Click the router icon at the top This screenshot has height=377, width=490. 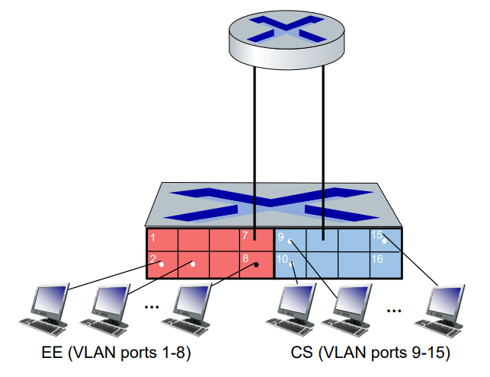coord(287,40)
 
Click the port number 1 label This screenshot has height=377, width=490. coord(153,238)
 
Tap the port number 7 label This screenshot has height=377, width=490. coord(245,235)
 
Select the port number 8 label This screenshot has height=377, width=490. coord(245,258)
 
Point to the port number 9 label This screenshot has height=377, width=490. coord(280,237)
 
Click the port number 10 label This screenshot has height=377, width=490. coord(282,259)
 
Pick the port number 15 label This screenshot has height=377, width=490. coord(377,235)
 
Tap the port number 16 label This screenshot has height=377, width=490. coord(377,259)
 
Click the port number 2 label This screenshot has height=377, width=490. coord(153,259)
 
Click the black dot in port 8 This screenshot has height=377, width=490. coord(256,264)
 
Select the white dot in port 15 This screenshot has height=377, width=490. coord(384,241)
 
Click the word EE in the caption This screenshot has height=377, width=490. coord(52,353)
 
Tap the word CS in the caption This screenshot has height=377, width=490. coord(302,353)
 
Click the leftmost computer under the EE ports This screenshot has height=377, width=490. coord(44,309)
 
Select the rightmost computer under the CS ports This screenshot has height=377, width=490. coord(440,311)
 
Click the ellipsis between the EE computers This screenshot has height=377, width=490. coord(152,307)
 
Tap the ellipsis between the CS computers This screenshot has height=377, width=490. coord(394,311)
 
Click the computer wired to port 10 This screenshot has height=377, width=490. coord(291,310)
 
